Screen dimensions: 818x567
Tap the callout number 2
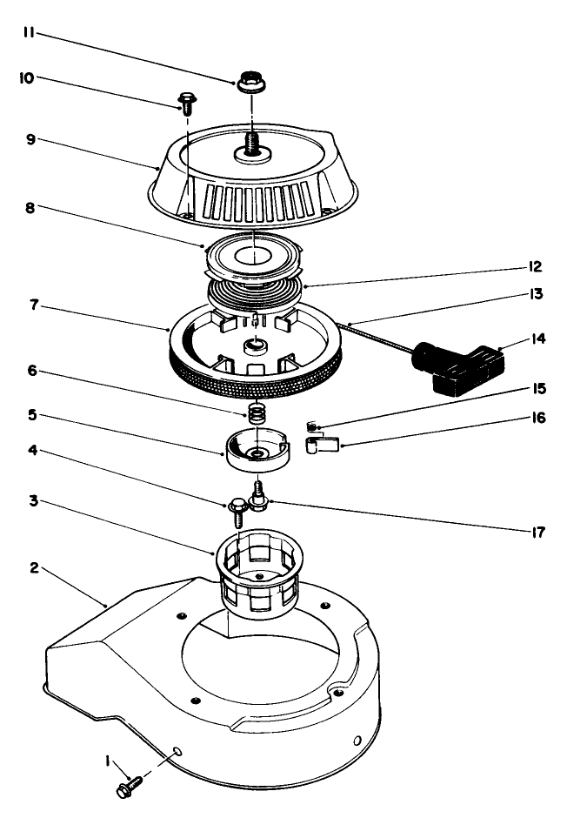(33, 567)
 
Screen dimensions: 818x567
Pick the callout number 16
(537, 418)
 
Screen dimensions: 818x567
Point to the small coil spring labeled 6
(256, 412)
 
